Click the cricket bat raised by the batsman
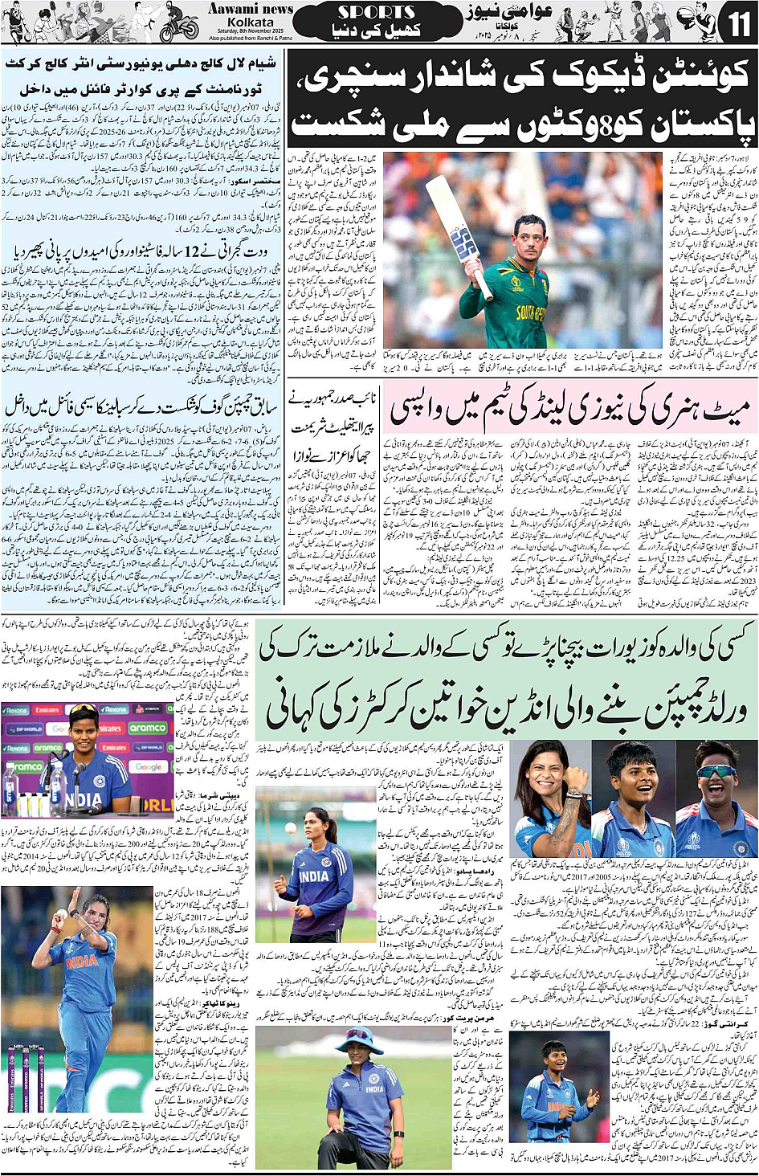(454, 226)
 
